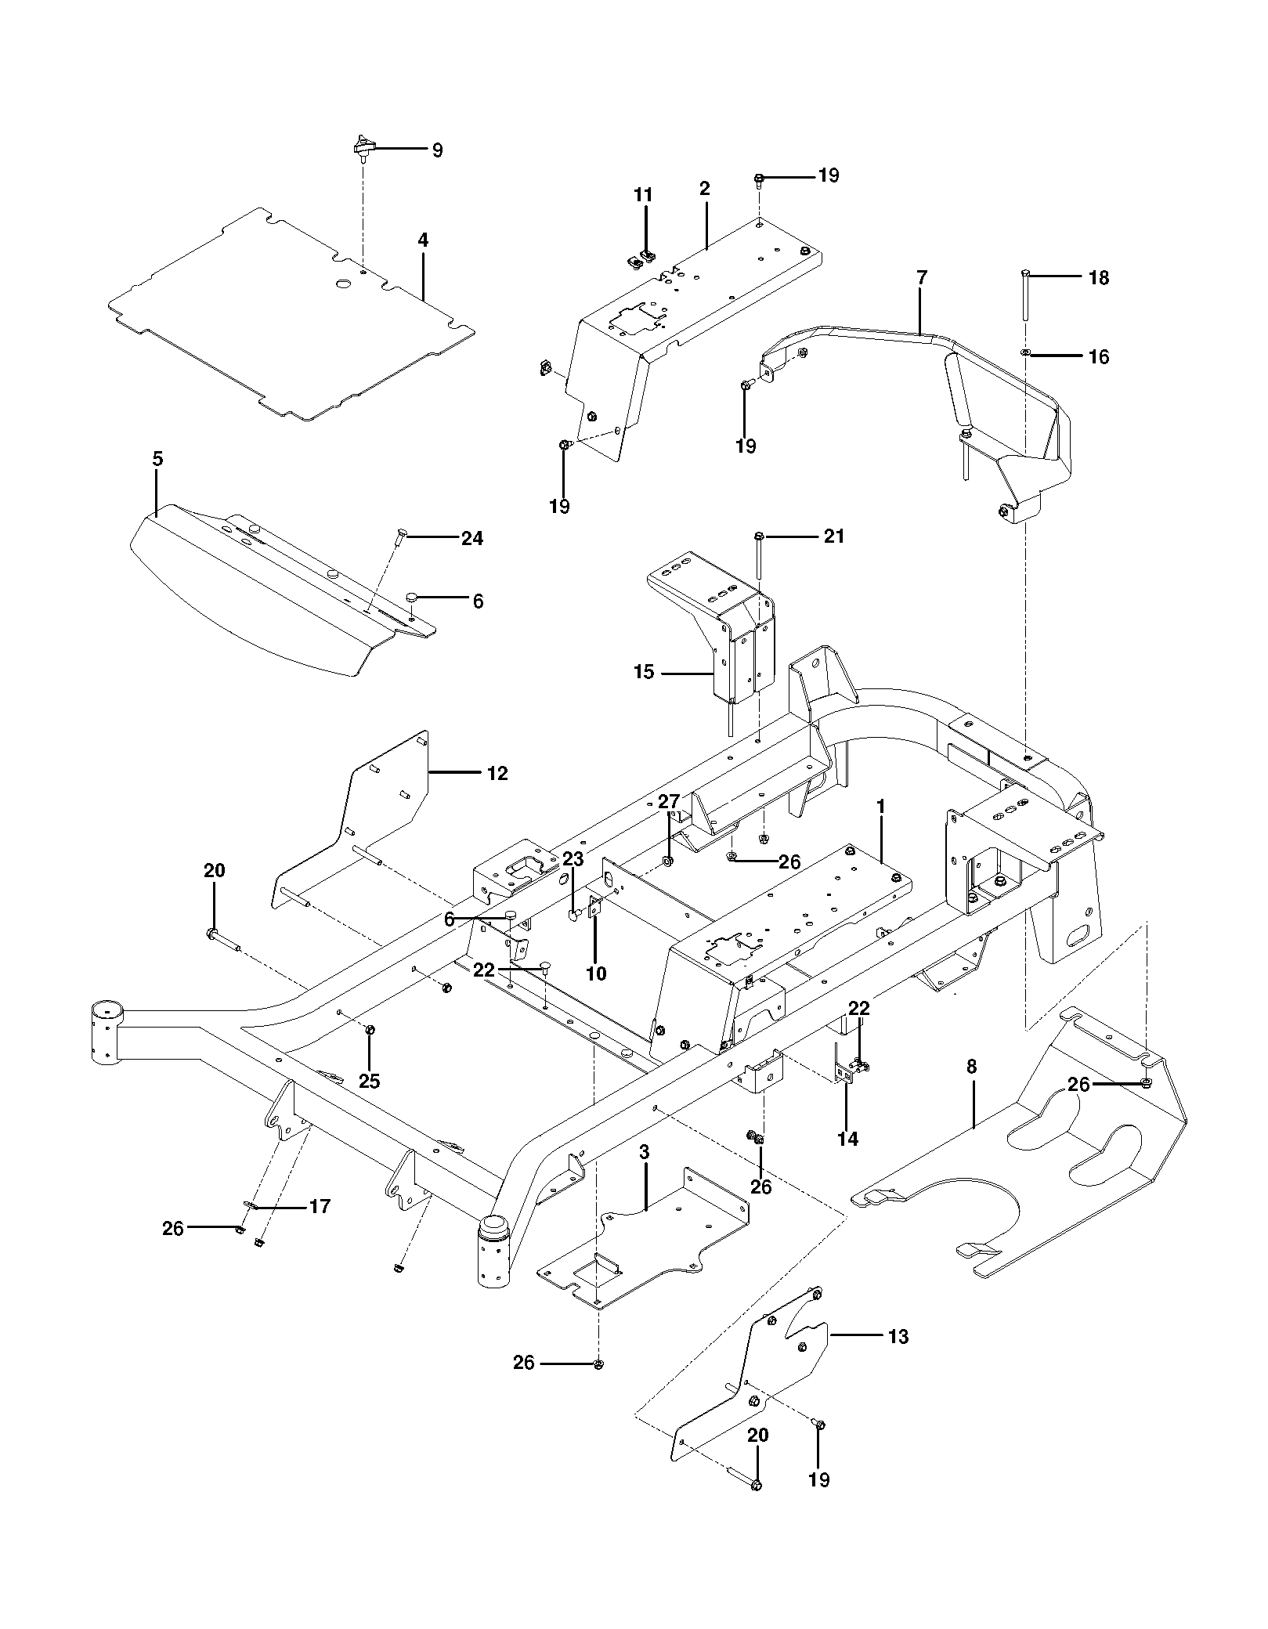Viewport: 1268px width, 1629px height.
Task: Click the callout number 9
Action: point(437,150)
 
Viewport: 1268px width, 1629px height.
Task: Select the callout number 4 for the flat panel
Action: point(423,240)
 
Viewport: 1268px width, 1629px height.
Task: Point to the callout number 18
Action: point(1099,278)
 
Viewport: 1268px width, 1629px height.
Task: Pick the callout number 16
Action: point(1099,357)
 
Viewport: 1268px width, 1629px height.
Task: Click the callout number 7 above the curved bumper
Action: point(921,277)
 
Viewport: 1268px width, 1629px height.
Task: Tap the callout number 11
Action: point(643,195)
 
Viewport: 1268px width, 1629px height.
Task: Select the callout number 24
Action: point(471,538)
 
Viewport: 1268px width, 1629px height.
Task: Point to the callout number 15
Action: point(643,672)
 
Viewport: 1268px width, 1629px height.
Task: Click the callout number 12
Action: point(497,774)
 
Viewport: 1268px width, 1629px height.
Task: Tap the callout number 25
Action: point(369,1081)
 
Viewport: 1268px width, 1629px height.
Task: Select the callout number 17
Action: point(320,1206)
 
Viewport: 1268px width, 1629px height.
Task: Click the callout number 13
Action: point(898,1337)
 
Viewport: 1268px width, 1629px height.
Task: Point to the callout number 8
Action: point(972,1067)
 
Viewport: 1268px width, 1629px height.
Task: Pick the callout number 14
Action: point(847,1139)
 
